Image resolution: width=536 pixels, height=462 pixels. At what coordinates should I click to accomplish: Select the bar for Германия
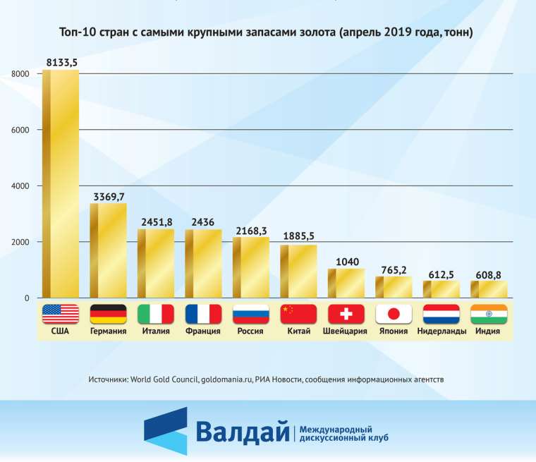108,250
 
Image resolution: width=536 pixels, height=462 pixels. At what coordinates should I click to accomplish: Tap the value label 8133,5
61,63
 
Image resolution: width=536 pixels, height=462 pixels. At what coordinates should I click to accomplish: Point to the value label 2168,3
251,231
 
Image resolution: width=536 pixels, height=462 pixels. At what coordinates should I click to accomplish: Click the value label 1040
346,262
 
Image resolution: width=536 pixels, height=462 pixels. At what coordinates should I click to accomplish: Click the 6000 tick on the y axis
19,130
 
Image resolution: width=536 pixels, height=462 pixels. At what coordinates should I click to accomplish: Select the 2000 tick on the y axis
19,242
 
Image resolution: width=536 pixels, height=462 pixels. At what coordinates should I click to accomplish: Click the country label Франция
203,331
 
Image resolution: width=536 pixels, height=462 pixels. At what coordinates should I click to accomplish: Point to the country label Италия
155,331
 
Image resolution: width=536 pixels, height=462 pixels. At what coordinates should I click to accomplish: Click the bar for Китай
298,272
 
